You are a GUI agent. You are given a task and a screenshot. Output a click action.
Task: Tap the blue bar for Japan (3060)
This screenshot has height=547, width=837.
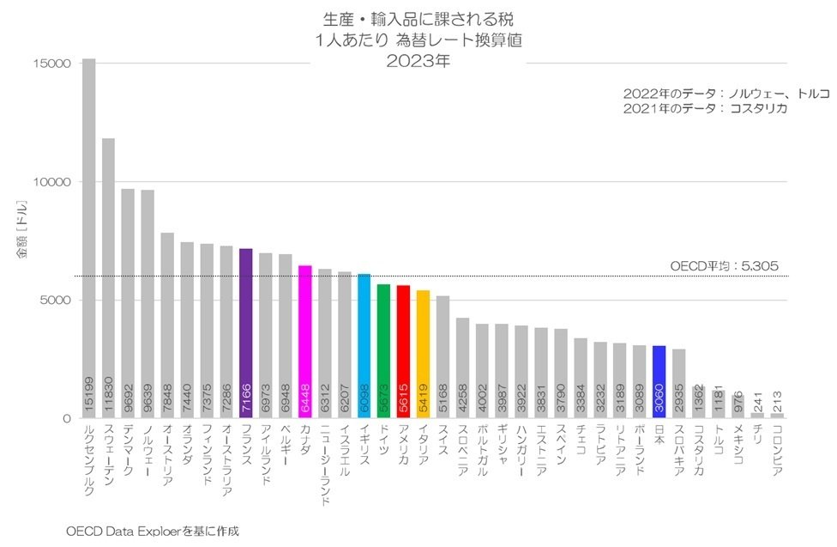tap(659, 381)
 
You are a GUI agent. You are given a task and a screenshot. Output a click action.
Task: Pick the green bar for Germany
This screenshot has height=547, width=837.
tap(383, 351)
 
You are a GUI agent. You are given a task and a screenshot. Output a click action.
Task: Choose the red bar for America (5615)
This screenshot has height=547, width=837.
tap(403, 352)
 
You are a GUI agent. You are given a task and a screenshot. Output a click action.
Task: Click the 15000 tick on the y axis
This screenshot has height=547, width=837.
tap(52, 64)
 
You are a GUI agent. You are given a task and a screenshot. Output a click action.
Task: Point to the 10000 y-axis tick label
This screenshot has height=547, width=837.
tap(52, 182)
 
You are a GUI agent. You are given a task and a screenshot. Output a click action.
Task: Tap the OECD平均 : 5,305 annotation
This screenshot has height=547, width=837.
tap(724, 266)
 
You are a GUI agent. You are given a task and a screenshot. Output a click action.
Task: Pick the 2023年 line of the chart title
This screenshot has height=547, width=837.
tap(418, 61)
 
